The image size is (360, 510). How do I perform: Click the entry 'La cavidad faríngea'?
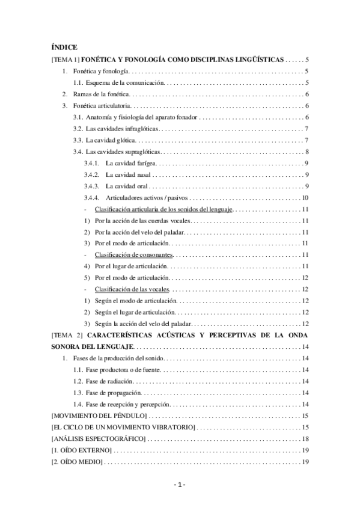131,163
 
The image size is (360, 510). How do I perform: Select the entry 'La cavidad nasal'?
128,174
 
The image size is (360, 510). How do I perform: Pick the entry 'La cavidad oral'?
127,186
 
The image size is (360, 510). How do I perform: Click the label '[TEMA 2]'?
67,335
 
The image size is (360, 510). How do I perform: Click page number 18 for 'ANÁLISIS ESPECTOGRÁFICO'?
305,438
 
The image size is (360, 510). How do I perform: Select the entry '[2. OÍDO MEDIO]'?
78,461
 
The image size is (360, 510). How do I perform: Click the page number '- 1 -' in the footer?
180,485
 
